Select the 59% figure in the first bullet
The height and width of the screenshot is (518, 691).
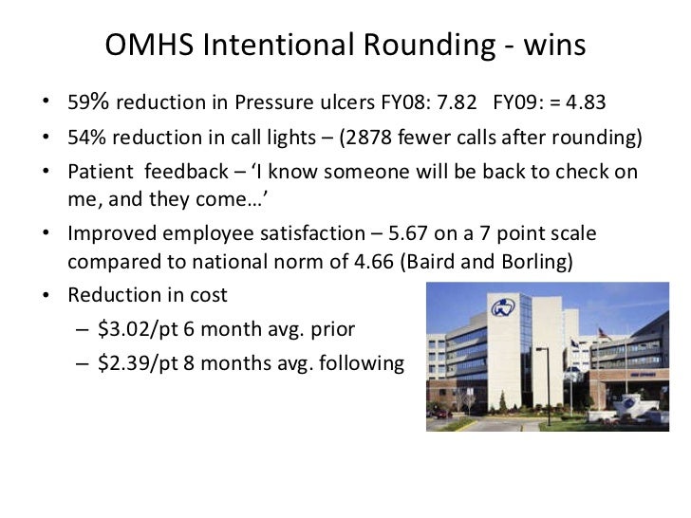86,102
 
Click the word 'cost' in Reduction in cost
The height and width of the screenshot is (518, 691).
208,295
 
